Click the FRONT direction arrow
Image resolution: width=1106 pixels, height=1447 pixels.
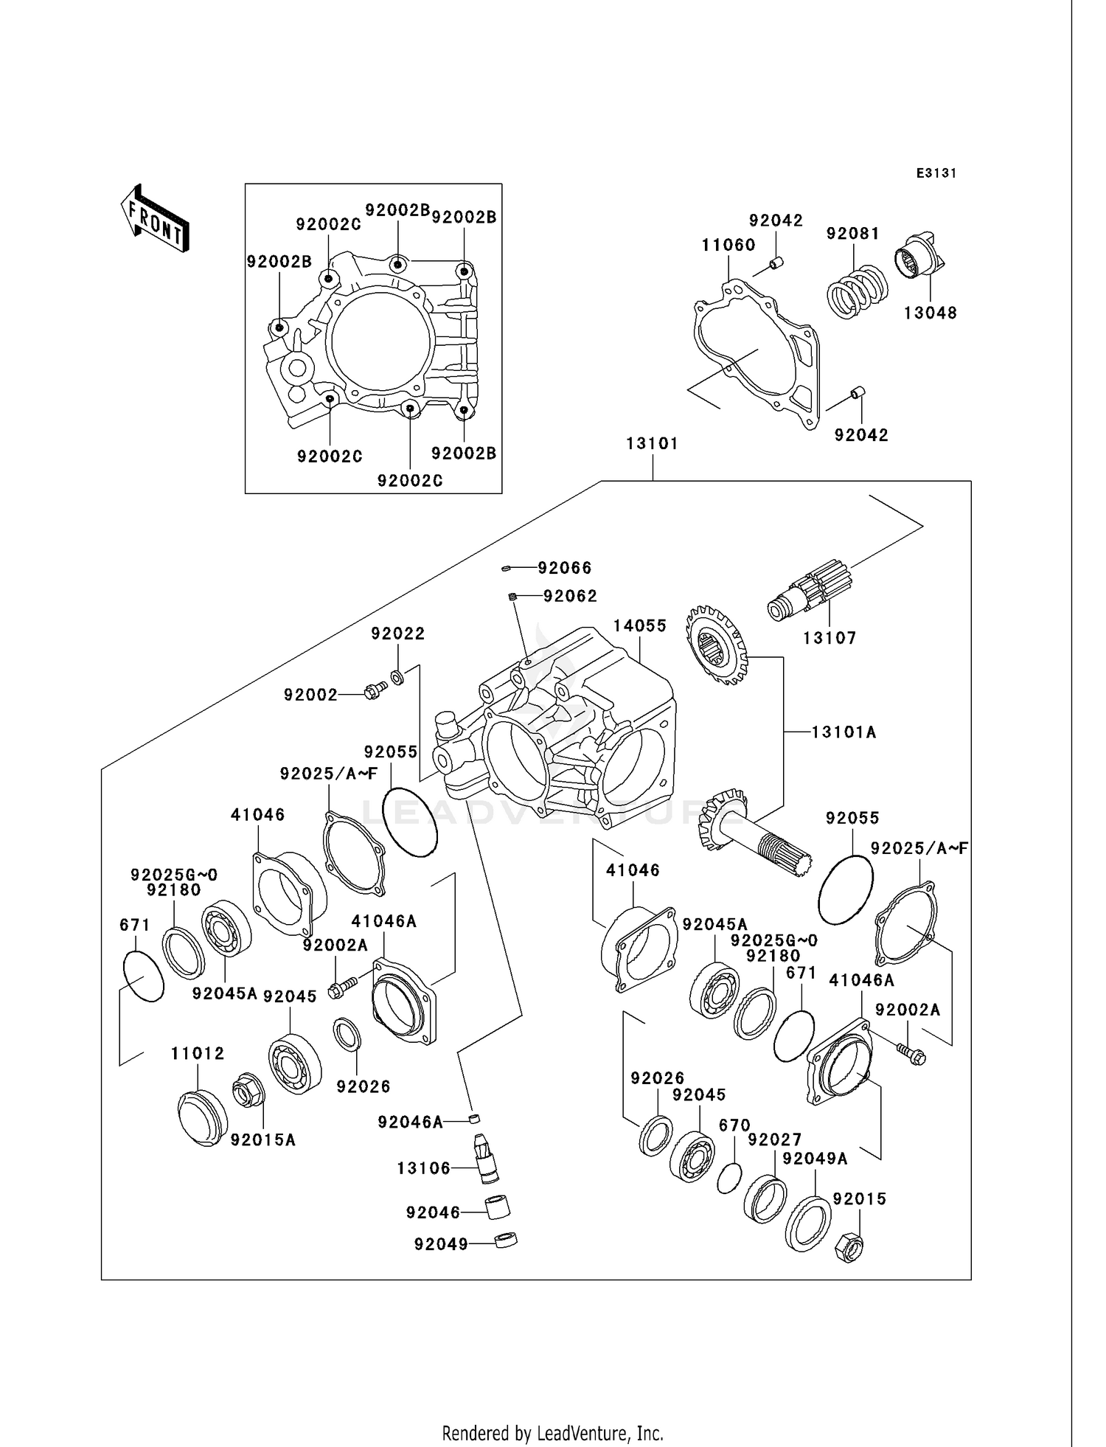tap(155, 220)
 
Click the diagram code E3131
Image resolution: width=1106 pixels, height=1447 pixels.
tap(936, 173)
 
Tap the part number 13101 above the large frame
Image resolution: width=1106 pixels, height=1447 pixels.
tap(652, 443)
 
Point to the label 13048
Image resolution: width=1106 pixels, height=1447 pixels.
tap(930, 313)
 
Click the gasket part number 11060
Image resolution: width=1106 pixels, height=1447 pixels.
tap(728, 245)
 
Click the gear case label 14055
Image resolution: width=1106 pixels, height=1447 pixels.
tap(639, 625)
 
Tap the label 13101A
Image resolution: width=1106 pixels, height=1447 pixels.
tap(844, 732)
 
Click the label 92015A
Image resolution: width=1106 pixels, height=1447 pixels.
tap(262, 1139)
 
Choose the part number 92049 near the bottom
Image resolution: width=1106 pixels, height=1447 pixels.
tap(441, 1244)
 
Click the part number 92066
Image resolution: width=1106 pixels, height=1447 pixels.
tap(564, 568)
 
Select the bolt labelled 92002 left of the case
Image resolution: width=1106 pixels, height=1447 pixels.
tap(375, 691)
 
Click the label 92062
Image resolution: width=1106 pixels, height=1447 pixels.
tap(570, 596)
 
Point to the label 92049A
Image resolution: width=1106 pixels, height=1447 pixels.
tap(815, 1159)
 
